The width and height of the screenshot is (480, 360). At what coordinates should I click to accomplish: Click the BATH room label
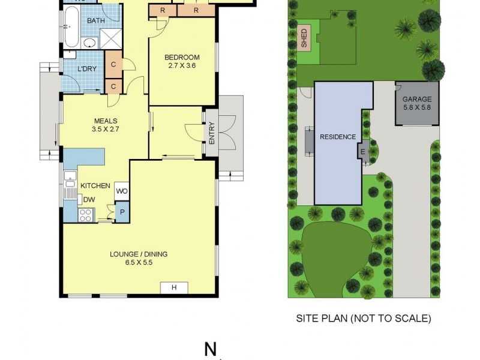[96, 21]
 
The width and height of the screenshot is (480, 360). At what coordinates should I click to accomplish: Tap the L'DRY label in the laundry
[86, 70]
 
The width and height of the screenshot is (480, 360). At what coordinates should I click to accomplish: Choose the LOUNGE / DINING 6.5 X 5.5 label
[139, 258]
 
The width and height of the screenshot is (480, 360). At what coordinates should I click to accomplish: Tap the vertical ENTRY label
[212, 133]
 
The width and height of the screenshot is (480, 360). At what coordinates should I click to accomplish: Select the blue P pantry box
[122, 212]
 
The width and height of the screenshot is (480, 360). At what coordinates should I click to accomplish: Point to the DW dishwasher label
[88, 200]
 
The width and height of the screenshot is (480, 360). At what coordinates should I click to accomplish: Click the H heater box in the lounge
[174, 288]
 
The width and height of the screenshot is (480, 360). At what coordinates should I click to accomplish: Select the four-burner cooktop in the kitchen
[86, 214]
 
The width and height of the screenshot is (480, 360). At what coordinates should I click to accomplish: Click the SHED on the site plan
[304, 37]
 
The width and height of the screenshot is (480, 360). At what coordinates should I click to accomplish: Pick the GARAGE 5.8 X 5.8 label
[417, 103]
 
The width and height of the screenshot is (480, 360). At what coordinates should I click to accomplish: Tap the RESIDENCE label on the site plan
[337, 137]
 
